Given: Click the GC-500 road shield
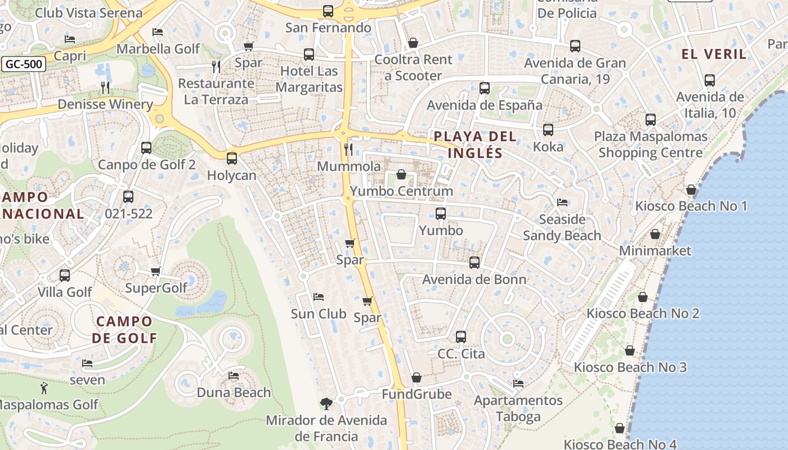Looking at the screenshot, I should (x=24, y=64).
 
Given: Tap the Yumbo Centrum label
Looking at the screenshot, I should (x=401, y=191).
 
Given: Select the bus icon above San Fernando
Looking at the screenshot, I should (x=328, y=11).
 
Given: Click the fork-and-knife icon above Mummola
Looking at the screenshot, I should (x=348, y=149).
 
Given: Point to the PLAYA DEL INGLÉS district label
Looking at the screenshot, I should (x=476, y=145).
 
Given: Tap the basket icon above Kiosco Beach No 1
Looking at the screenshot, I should (x=691, y=190).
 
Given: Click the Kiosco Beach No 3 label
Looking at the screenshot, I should (x=630, y=367).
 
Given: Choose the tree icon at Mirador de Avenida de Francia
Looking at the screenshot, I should (x=326, y=403).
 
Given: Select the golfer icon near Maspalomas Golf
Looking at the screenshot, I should (x=44, y=388).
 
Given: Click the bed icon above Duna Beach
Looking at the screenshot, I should (x=234, y=375).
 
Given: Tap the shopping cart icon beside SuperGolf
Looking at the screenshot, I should (x=156, y=272).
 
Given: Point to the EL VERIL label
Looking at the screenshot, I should (x=714, y=54).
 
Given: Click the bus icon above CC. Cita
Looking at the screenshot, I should (x=461, y=337).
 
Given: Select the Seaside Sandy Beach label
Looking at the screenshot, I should (x=562, y=227).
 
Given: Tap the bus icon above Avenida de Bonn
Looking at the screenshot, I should (x=474, y=263).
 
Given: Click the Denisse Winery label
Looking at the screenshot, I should (x=105, y=104).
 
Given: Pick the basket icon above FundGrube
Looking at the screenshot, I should (x=417, y=377).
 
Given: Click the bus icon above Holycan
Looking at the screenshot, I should (x=232, y=159).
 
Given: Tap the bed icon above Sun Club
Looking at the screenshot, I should (x=319, y=296).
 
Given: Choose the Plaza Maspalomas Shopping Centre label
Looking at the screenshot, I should (x=651, y=145).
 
